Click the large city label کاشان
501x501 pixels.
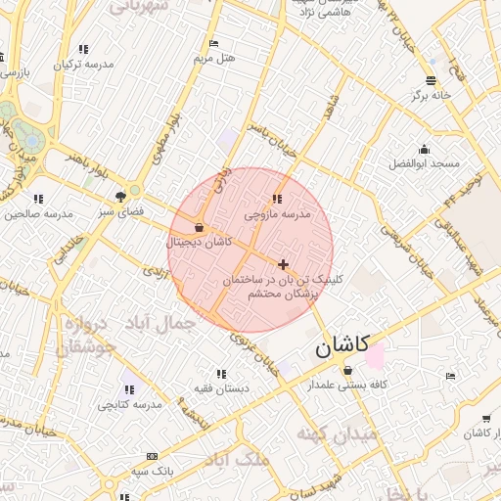point(342,345)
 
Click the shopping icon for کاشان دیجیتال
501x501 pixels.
point(200,228)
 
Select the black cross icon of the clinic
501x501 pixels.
point(284,264)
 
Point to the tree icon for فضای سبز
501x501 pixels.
point(121,196)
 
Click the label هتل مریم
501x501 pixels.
point(214,59)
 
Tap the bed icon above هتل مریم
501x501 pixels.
point(214,44)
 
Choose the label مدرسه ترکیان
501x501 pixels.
point(83,64)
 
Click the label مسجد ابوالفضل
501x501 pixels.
point(424,163)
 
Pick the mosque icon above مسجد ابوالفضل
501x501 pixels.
point(424,150)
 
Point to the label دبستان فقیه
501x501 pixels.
point(220,388)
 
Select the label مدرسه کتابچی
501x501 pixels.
point(130,404)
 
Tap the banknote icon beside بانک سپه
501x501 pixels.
point(152,457)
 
